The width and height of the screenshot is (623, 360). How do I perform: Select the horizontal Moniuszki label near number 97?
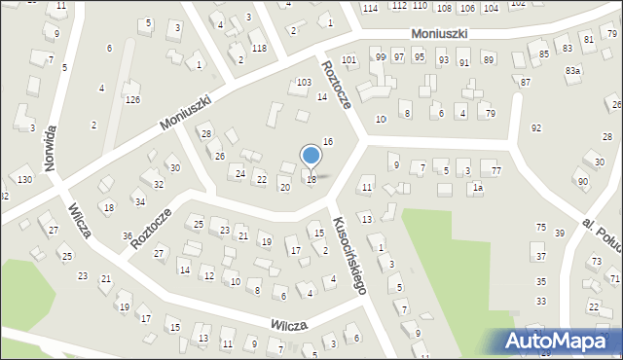tap(439, 33)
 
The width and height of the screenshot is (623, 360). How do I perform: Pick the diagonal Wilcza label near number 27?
tap(80, 219)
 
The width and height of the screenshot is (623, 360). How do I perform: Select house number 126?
tap(132, 100)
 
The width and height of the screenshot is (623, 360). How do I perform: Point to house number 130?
tap(24, 180)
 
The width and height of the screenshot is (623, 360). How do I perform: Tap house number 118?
tap(258, 48)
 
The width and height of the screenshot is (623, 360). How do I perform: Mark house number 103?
tap(304, 83)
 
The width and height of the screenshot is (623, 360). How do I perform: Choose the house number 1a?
tap(477, 189)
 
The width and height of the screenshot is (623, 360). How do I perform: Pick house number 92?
tap(535, 127)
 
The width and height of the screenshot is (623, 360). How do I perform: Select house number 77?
tap(496, 171)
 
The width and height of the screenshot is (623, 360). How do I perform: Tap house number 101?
tap(348, 60)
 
